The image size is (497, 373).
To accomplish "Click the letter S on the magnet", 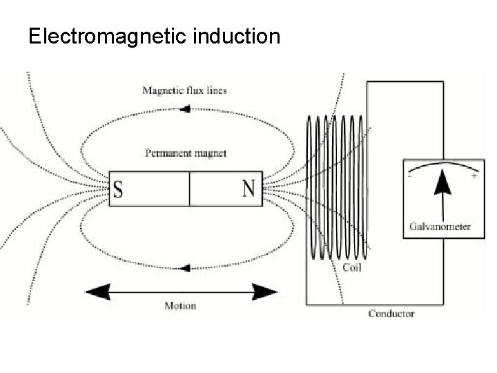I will pyautogui.click(x=118, y=189).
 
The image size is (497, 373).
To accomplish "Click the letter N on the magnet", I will pyautogui.click(x=248, y=189).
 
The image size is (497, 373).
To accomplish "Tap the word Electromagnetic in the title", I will pyautogui.click(x=106, y=36).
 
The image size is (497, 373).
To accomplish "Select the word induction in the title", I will pyautogui.click(x=237, y=36).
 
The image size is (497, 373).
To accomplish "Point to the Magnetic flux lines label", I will pyautogui.click(x=184, y=90).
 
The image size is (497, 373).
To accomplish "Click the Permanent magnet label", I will pyautogui.click(x=186, y=153).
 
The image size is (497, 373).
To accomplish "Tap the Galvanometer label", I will pyautogui.click(x=440, y=227).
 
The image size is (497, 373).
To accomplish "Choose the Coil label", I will pyautogui.click(x=352, y=267).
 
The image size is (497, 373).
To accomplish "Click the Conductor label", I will pyautogui.click(x=391, y=314).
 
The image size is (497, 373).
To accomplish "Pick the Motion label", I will pyautogui.click(x=180, y=305).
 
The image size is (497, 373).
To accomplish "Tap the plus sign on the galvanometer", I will pyautogui.click(x=474, y=176).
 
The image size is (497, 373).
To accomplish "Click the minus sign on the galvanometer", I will pyautogui.click(x=411, y=176).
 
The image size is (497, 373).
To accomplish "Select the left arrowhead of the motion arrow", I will pyautogui.click(x=97, y=291).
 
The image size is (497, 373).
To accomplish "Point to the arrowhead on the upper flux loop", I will pyautogui.click(x=185, y=108).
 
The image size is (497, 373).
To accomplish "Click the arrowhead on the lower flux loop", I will pyautogui.click(x=185, y=268).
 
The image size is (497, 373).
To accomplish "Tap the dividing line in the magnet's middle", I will pyautogui.click(x=189, y=189).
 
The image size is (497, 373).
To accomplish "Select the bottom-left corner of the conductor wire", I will pyautogui.click(x=306, y=304).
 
